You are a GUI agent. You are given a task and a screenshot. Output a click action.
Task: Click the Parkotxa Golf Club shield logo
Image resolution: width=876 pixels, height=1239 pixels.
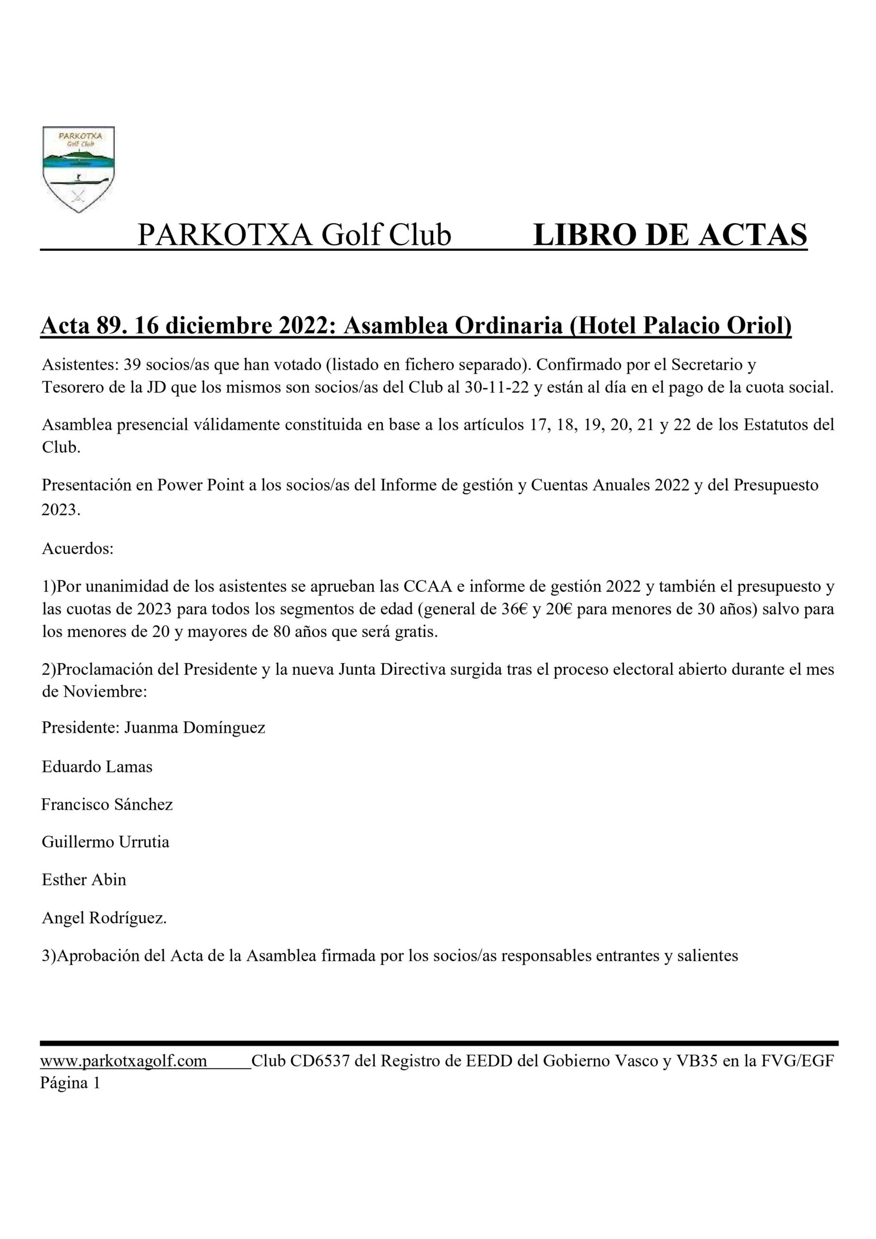[78, 169]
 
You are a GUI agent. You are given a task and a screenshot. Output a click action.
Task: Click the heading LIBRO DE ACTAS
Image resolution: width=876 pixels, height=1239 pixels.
[670, 236]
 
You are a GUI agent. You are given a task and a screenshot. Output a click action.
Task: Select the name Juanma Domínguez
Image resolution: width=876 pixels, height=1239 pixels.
[195, 728]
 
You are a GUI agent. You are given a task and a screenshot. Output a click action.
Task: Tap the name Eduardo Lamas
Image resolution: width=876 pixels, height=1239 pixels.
[97, 767]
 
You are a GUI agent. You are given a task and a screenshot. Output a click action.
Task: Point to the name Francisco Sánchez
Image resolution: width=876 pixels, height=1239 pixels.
[107, 804]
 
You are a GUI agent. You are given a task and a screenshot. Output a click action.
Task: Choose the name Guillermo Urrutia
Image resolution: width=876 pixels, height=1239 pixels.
[106, 842]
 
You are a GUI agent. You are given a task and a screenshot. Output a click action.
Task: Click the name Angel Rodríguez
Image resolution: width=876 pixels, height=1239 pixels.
[104, 918]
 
